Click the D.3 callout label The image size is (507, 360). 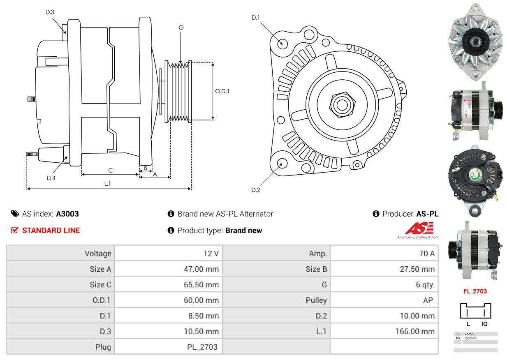pos(50,12)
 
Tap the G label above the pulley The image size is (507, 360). pos(181,28)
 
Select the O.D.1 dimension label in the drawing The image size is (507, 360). pos(222,91)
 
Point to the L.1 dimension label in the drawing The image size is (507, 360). pos(107,184)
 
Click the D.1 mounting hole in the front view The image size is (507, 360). pos(282,43)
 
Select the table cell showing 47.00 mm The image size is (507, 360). pos(201,269)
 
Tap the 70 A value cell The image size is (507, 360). pos(426,254)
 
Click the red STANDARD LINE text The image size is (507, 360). pos(51,231)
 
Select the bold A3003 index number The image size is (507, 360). pos(67,214)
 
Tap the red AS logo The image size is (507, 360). pos(419,229)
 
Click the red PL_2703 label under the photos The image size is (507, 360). pos(475,291)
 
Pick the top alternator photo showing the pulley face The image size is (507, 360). pos(476,42)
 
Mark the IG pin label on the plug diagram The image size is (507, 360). pos(484,324)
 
